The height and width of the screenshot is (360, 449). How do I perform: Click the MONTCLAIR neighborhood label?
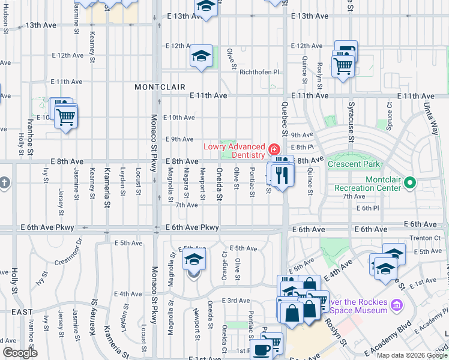pos(160,87)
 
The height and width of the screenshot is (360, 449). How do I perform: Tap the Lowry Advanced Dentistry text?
pos(234,151)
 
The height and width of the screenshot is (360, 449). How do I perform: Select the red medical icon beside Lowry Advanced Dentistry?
pos(274,148)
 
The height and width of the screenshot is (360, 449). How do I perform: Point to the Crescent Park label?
pos(353,164)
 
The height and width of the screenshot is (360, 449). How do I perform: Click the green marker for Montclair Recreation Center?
pos(410,181)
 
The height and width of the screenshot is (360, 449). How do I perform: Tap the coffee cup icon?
pos(261,349)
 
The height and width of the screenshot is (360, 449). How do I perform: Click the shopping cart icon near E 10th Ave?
pos(66,116)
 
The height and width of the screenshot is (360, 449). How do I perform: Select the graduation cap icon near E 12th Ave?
pos(202,57)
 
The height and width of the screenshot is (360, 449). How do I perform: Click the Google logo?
pos(20,353)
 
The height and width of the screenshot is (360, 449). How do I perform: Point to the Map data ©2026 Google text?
pos(411,355)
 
